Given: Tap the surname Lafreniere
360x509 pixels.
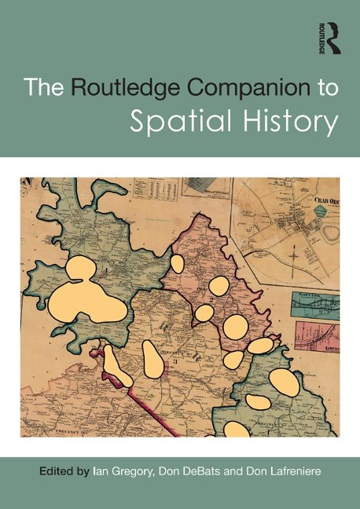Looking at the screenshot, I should (303, 473).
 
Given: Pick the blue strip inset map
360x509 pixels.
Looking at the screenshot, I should (316, 302).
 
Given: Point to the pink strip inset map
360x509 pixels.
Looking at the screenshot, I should (317, 334).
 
